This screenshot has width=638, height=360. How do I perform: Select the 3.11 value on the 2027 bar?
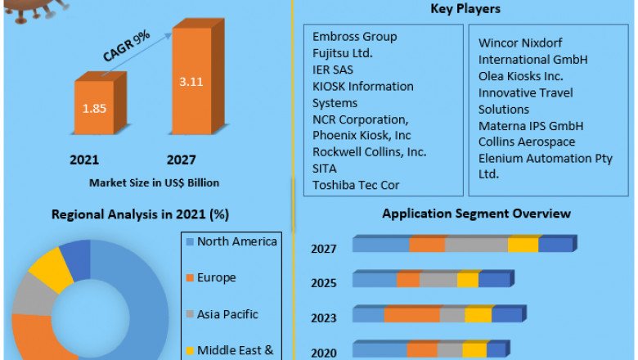tap(191, 82)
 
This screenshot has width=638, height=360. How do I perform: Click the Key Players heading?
tap(465, 9)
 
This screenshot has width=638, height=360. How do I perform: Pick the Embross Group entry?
tap(355, 37)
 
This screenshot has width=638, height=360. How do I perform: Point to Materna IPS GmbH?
tap(531, 126)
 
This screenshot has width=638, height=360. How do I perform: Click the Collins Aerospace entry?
tap(527, 142)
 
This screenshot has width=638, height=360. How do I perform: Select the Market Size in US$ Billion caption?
tap(155, 182)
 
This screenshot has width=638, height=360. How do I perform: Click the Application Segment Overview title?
tap(477, 214)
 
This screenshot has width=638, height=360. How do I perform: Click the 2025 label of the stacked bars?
tap(324, 283)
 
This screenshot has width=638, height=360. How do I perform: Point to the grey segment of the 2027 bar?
tap(476, 245)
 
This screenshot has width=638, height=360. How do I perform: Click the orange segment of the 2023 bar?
tap(411, 315)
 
